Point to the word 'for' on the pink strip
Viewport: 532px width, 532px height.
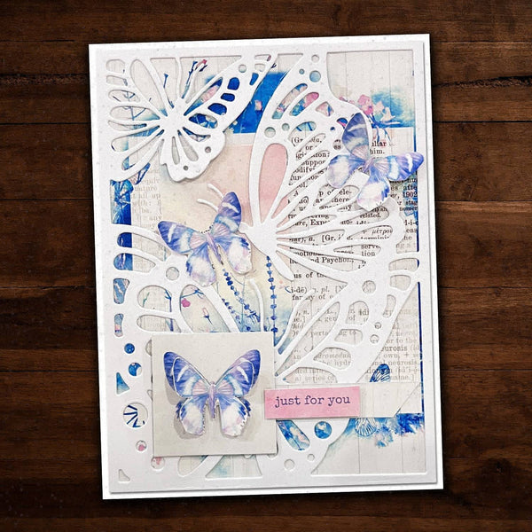315,402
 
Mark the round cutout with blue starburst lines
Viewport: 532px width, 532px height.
134,414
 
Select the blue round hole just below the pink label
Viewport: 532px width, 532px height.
323,429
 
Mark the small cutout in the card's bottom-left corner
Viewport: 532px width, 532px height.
124,476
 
